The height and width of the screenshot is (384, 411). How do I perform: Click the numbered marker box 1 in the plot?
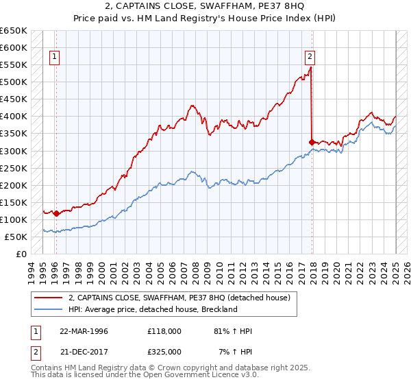54,58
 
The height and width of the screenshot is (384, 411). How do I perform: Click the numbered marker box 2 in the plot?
310,58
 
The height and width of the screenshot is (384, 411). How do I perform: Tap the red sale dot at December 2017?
312,142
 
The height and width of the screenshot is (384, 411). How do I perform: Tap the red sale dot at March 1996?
56,213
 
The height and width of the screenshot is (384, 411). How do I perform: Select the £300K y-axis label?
14,151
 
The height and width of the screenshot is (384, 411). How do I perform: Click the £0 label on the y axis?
21,254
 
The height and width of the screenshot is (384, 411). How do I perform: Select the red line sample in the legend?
48,298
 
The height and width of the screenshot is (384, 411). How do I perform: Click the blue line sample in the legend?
48,309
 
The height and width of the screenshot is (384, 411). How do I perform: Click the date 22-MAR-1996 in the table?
84,331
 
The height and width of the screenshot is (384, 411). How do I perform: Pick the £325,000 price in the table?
164,351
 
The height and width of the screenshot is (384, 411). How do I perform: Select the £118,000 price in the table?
164,331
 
